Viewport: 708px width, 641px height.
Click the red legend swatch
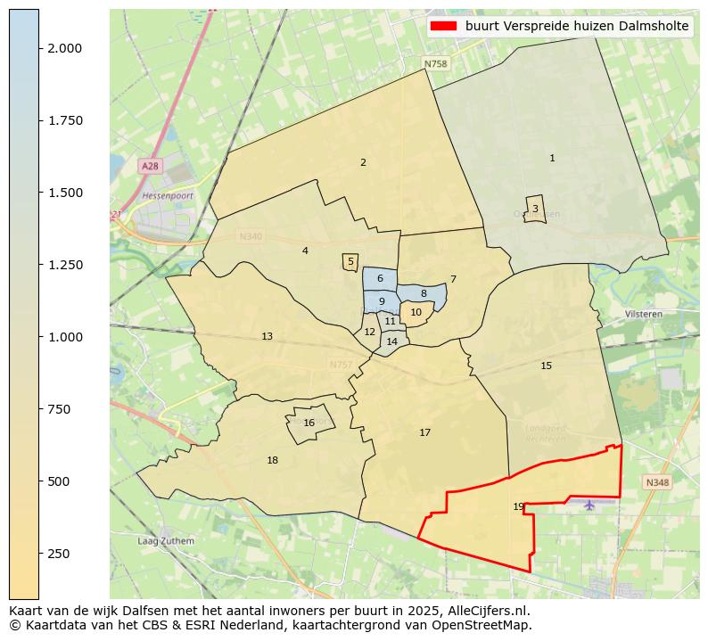(443, 27)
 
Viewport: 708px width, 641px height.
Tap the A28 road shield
(150, 167)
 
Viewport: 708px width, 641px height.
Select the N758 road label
(435, 64)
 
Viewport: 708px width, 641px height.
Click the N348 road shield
(656, 482)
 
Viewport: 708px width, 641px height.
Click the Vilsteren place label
(644, 315)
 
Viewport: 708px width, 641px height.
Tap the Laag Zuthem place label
(165, 541)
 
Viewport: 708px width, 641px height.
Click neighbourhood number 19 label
(519, 507)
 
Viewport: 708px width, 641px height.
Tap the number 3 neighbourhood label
(535, 209)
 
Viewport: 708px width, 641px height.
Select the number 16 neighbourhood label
(309, 423)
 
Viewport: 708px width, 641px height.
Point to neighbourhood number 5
(350, 262)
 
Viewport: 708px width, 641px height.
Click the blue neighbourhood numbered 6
(380, 279)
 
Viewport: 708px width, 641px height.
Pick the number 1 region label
(552, 159)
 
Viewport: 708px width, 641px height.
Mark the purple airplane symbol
(589, 505)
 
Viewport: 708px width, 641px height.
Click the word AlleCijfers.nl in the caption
(491, 612)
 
